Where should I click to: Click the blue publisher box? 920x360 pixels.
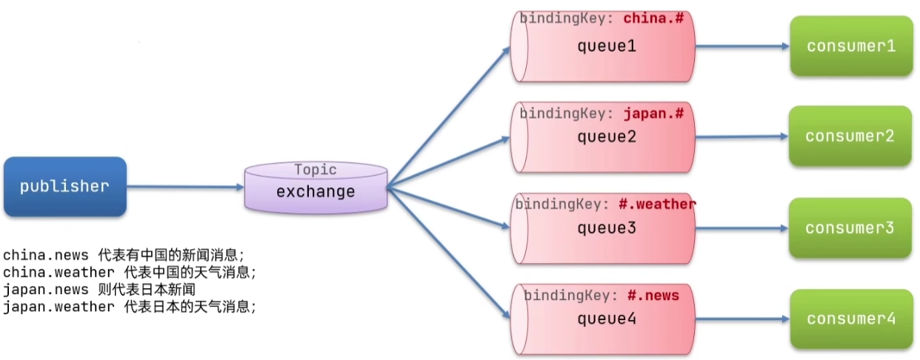(x=64, y=187)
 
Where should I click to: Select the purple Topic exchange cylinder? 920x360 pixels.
(x=316, y=187)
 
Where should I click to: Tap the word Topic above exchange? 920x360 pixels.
(x=315, y=170)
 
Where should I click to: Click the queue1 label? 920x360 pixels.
(x=607, y=46)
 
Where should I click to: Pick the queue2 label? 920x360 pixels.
(x=607, y=137)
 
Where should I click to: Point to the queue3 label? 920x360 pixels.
(x=607, y=228)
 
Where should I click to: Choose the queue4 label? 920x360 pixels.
(x=607, y=319)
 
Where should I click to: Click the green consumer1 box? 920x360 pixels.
(x=850, y=46)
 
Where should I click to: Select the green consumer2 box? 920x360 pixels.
(x=850, y=136)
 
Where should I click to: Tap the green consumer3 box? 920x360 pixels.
(x=850, y=228)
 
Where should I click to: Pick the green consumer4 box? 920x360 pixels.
(x=850, y=319)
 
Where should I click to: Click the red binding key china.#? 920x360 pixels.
(x=654, y=19)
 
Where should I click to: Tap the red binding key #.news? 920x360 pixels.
(x=653, y=296)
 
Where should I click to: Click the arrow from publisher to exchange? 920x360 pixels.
(x=185, y=187)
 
